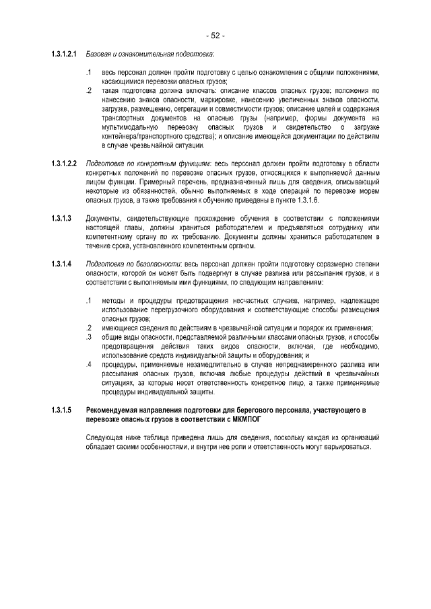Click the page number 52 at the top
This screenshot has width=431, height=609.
click(215, 34)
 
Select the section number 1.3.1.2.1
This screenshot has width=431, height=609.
click(65, 53)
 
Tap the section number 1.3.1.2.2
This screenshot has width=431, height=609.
click(65, 164)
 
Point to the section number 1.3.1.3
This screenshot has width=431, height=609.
click(61, 219)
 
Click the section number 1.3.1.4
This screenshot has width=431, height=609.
click(61, 263)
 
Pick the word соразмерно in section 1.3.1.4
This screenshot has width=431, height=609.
click(317, 263)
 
